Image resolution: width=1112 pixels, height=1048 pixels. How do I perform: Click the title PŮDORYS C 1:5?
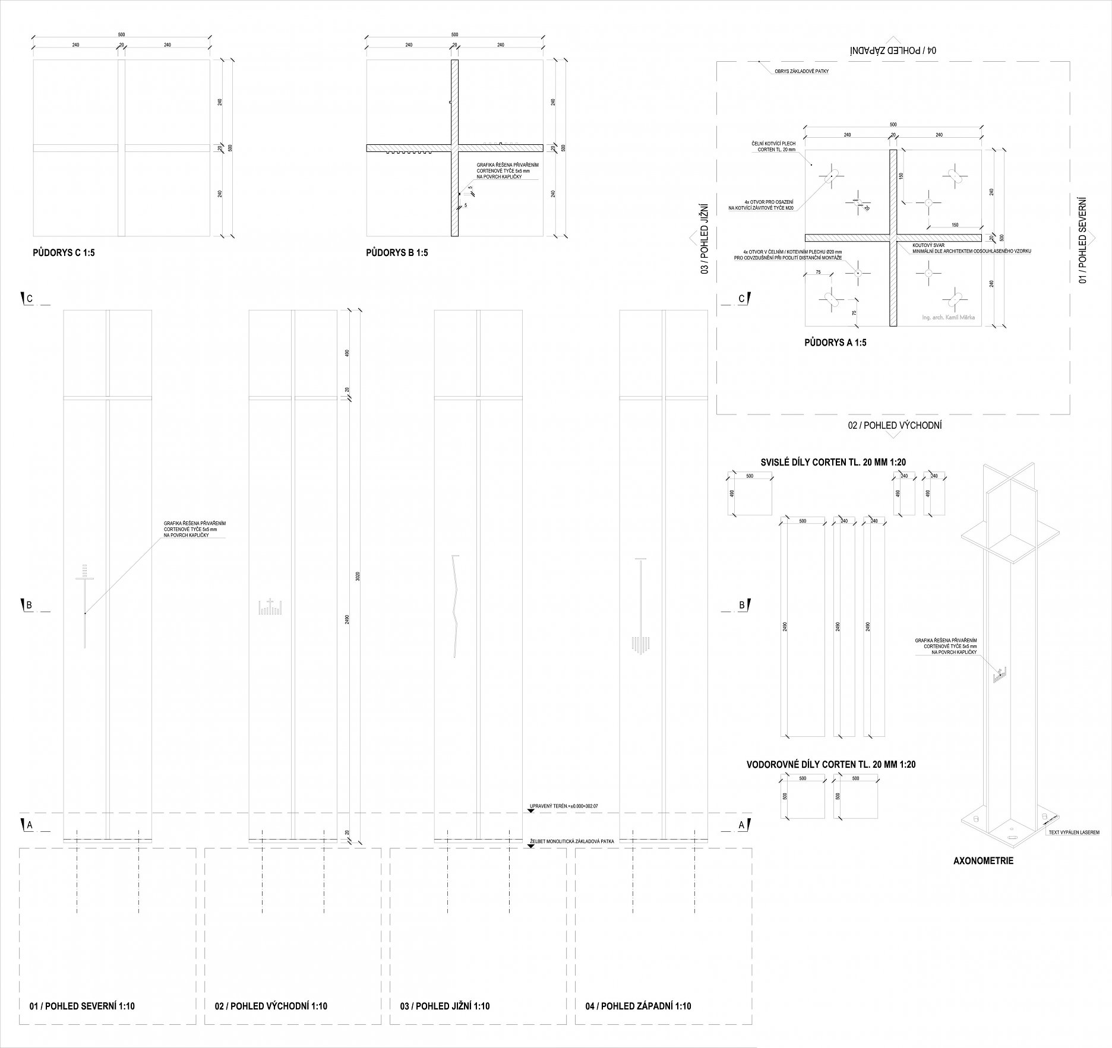pyautogui.click(x=64, y=253)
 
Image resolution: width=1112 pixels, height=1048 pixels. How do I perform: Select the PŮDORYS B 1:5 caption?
pyautogui.click(x=397, y=253)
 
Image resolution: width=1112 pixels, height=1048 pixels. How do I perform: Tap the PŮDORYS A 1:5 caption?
pyautogui.click(x=835, y=343)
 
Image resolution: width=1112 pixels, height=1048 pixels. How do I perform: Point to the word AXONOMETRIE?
pyautogui.click(x=983, y=860)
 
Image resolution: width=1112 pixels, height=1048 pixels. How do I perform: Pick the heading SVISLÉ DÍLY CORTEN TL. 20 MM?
pyautogui.click(x=833, y=463)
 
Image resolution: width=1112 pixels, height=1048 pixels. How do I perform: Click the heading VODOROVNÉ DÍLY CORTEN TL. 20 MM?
pyautogui.click(x=830, y=764)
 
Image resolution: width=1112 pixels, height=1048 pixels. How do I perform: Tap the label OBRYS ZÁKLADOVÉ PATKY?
pyautogui.click(x=801, y=71)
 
